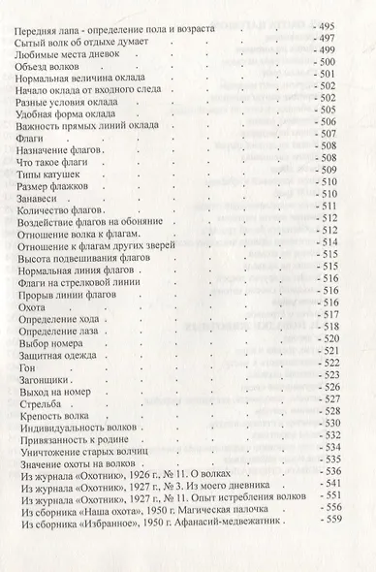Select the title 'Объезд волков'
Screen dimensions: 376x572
pos(47,63)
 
